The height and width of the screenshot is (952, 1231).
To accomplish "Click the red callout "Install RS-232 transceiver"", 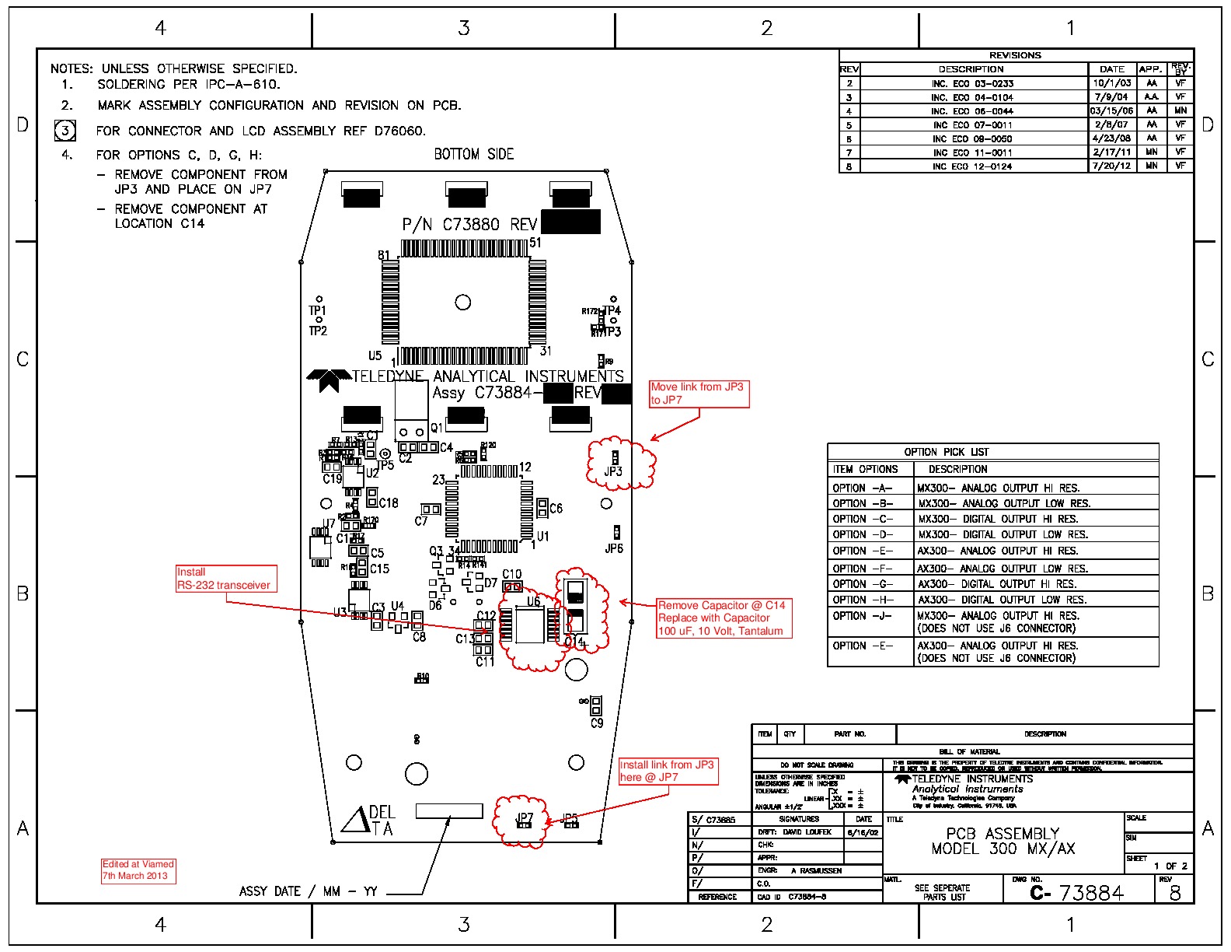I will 226,579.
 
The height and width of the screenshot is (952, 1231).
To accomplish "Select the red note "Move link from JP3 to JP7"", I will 699,394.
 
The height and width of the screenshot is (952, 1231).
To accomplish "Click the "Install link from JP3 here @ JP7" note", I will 668,771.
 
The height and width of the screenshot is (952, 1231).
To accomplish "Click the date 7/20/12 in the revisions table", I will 1111,166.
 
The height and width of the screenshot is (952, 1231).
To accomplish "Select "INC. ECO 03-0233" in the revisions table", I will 972,83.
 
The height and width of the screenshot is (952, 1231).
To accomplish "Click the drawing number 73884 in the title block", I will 1092,893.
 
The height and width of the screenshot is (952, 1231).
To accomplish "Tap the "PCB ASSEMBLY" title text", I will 1003,833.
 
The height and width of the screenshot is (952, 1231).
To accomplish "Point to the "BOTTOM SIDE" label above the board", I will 474,154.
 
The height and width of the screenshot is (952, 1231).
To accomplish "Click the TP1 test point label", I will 317,310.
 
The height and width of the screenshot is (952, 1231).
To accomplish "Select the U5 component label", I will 375,355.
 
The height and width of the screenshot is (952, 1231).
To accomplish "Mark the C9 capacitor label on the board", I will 597,723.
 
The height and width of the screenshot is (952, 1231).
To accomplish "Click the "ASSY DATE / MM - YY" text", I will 308,891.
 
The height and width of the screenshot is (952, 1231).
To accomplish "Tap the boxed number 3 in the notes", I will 65,130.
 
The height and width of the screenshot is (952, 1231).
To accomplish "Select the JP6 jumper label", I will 614,548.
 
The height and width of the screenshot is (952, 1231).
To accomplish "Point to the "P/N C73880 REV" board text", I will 469,225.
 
